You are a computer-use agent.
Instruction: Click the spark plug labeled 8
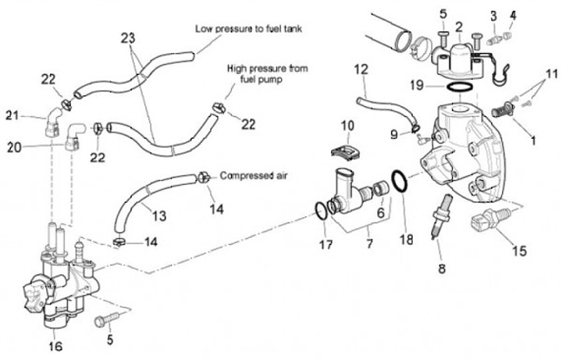442,216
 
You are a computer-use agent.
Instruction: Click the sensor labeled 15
490,219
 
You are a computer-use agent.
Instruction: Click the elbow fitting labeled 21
53,122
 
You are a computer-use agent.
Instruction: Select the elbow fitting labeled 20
73,136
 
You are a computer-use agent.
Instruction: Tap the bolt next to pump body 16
106,319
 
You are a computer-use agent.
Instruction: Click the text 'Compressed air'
253,176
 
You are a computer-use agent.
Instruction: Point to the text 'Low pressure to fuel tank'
248,29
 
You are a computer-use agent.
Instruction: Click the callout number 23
127,37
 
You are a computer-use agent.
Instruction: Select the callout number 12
361,70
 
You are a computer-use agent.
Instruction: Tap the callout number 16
55,346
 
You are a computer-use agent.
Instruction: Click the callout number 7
369,244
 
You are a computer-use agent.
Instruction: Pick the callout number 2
459,27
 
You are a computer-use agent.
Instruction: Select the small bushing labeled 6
380,189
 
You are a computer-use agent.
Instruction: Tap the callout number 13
158,216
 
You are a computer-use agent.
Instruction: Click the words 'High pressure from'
268,69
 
